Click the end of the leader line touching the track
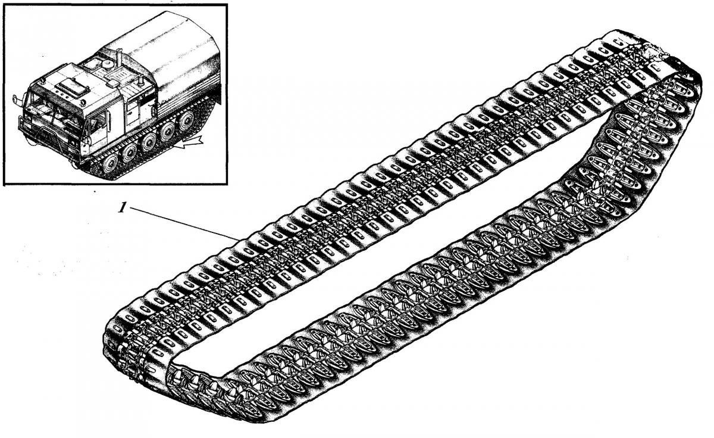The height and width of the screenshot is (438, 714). tap(239, 239)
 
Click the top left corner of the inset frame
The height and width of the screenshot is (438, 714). tap(4, 5)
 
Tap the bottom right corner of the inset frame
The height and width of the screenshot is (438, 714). tap(227, 184)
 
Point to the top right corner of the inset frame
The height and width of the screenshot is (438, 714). tap(227, 5)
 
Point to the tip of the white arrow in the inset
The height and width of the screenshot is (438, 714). tap(174, 147)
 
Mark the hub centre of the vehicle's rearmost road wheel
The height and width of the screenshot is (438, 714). tap(186, 121)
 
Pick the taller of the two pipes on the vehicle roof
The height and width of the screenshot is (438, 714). tap(119, 58)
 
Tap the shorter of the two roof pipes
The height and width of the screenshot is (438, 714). tap(140, 81)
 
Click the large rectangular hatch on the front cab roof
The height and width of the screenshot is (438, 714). tap(72, 86)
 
